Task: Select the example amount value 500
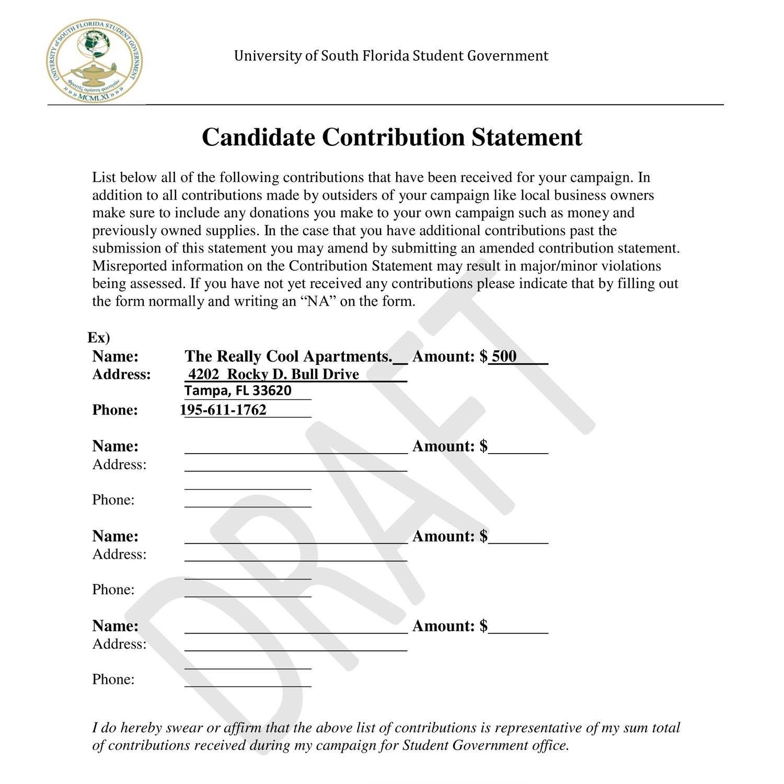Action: tap(504, 356)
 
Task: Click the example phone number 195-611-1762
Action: tap(224, 410)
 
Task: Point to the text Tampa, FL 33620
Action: tap(238, 391)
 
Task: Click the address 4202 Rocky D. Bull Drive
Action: tap(273, 374)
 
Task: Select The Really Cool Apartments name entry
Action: tap(288, 356)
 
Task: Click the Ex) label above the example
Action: tap(99, 338)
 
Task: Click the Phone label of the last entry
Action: tap(113, 679)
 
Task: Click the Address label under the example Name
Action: tap(121, 374)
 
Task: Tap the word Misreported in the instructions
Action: tap(129, 266)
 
